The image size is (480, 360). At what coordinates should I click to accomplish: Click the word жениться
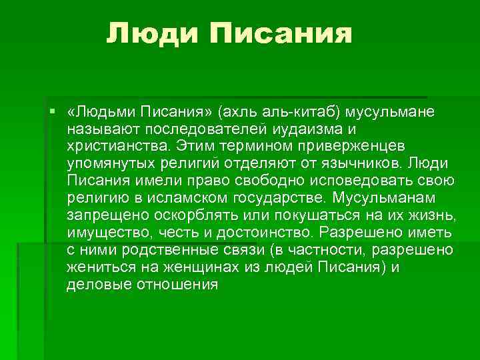(99, 267)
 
